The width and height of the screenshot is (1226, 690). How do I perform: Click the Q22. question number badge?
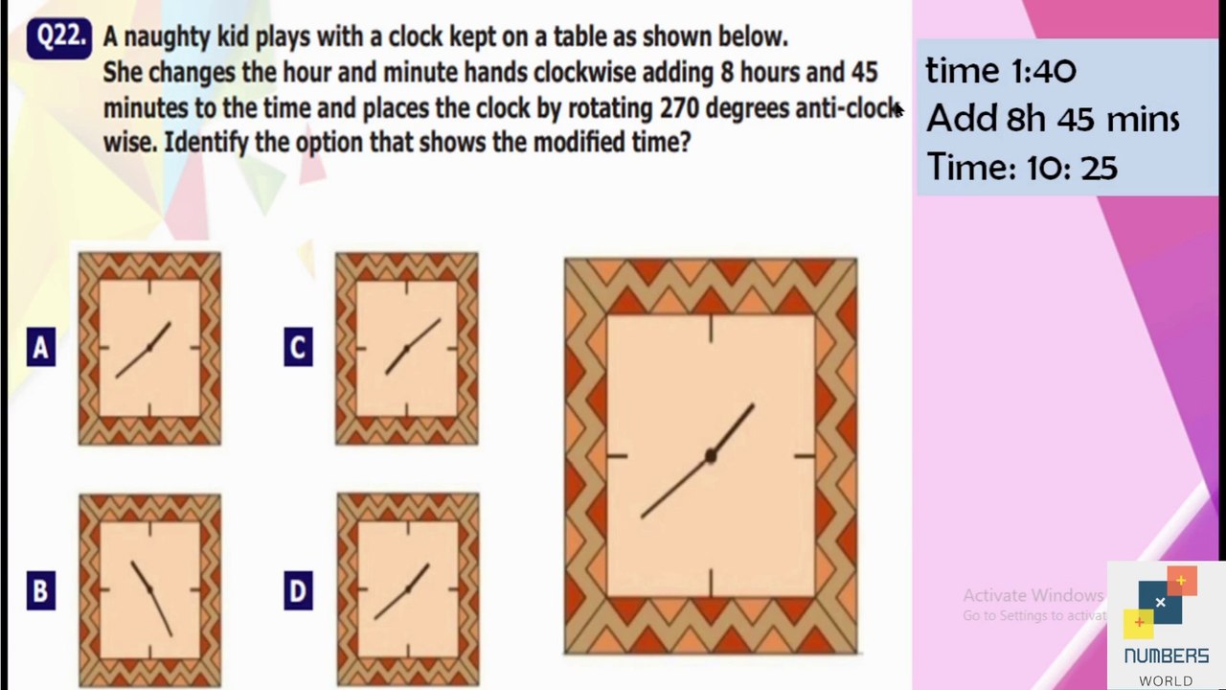click(x=59, y=38)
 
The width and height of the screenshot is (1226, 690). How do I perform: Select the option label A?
click(x=41, y=347)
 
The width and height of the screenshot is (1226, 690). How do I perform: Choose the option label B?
click(x=41, y=591)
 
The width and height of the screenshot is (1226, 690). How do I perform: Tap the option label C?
click(x=298, y=347)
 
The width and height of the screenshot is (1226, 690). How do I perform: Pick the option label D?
click(x=298, y=591)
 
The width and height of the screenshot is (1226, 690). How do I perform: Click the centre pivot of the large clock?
click(x=711, y=455)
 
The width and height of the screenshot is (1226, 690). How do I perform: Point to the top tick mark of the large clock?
click(x=711, y=329)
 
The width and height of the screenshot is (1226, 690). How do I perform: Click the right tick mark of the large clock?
click(x=804, y=455)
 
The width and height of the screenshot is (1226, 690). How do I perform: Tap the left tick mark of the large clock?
click(x=618, y=455)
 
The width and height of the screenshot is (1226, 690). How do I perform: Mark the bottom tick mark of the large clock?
click(x=711, y=583)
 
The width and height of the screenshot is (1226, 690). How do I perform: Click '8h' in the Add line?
click(x=1026, y=119)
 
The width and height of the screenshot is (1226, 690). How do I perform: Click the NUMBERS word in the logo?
click(x=1167, y=655)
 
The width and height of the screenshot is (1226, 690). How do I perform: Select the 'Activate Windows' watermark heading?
click(x=1033, y=595)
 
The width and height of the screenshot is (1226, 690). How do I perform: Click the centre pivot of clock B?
click(x=149, y=589)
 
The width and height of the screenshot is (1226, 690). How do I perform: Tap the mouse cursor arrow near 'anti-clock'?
click(x=897, y=109)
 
